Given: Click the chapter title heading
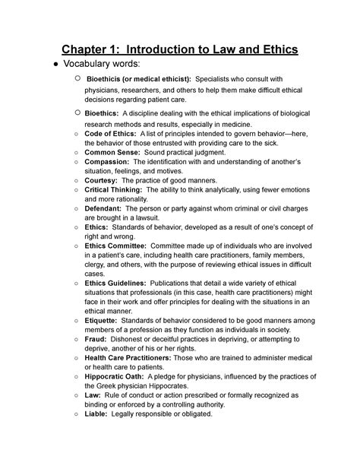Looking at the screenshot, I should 180,51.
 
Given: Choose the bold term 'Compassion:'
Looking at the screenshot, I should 109,162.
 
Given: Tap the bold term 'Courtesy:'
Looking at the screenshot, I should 104,182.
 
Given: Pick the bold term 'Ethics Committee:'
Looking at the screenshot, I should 118,246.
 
